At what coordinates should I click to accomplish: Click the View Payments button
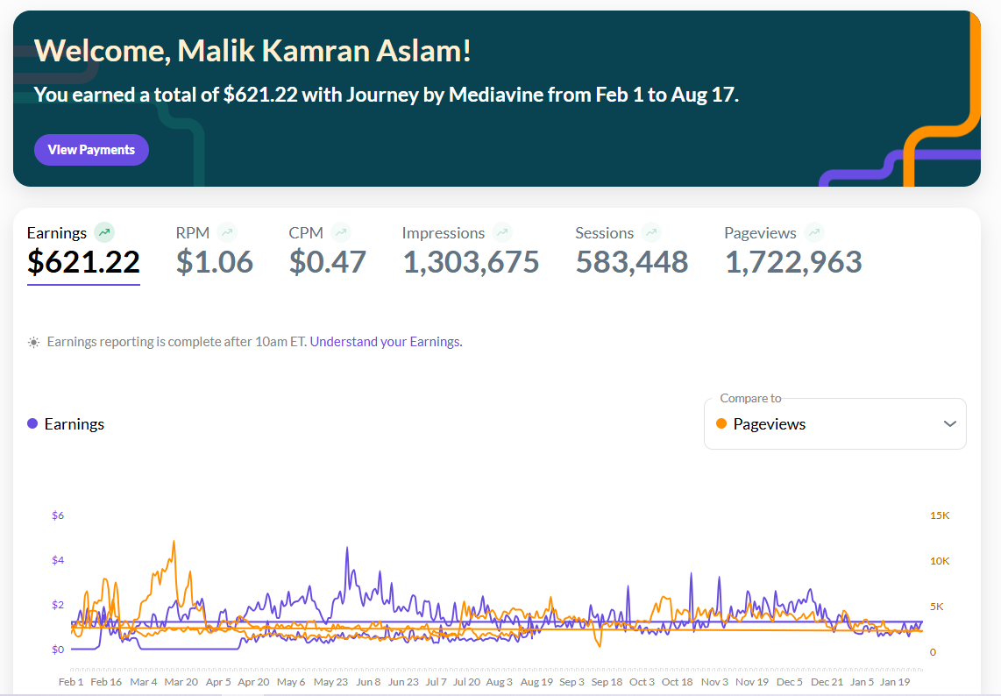(91, 150)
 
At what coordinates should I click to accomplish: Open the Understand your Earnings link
(386, 342)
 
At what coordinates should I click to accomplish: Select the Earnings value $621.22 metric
(83, 262)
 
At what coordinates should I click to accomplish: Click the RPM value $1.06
(215, 262)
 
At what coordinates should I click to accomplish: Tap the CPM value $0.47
(328, 262)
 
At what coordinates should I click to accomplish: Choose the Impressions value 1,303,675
(471, 262)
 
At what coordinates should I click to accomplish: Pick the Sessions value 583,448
(632, 262)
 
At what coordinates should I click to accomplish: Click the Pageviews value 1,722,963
(793, 262)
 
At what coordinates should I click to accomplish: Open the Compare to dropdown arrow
(950, 424)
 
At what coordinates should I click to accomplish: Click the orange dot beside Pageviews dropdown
(721, 424)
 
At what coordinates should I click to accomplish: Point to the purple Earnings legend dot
(32, 423)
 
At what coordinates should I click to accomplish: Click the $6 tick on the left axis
(58, 515)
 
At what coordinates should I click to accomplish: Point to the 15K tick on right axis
(940, 515)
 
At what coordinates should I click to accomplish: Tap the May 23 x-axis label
(330, 682)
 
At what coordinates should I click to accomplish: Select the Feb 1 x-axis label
(71, 682)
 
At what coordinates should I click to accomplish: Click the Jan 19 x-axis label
(895, 682)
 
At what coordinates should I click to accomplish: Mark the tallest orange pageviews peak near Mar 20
(174, 542)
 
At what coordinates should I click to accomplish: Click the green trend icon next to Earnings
(104, 232)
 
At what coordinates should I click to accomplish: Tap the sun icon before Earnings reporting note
(34, 342)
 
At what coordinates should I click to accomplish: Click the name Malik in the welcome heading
(217, 51)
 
